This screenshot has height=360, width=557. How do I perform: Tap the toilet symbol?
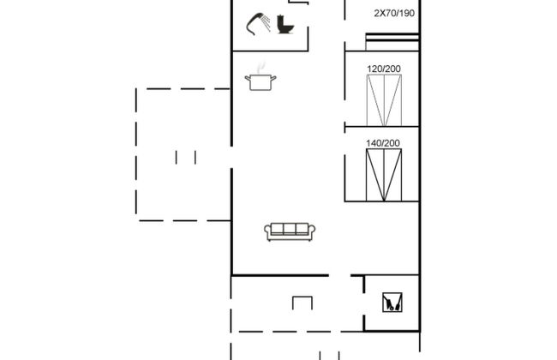[x=284, y=25]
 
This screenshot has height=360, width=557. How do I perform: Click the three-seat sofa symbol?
[x=290, y=231]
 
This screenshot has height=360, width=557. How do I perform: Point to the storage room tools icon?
[x=392, y=302]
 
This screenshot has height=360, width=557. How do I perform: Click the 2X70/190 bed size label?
[x=394, y=14]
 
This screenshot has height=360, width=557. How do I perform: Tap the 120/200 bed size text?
[x=384, y=69]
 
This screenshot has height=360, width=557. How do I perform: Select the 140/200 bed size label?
[x=383, y=143]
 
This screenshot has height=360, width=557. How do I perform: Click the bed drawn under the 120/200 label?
[x=384, y=100]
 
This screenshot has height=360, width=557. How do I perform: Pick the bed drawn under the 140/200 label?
[x=384, y=175]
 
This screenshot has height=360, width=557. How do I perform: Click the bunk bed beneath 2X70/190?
[x=392, y=42]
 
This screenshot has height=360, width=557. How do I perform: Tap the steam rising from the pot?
[x=261, y=67]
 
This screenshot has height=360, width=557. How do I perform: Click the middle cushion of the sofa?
[x=290, y=229]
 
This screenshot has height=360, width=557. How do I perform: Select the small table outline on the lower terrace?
[x=302, y=303]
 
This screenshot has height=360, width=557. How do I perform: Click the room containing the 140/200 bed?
[x=382, y=165]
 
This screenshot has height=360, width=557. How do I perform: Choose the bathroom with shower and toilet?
[x=270, y=26]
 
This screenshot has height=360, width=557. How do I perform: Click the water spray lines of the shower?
[x=266, y=23]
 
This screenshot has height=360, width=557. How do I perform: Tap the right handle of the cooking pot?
[x=273, y=78]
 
